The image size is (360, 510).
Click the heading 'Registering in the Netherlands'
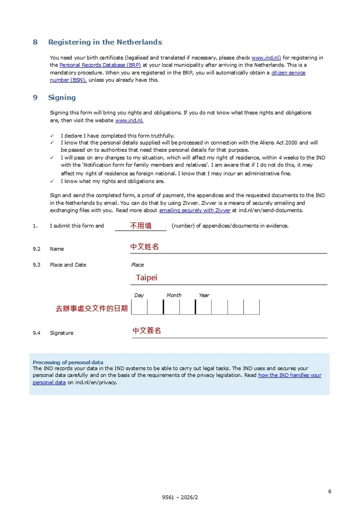coord(105,42)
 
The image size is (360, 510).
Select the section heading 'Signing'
coord(62,98)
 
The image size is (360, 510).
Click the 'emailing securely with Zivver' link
coord(195,211)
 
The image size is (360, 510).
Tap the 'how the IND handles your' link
coord(289,376)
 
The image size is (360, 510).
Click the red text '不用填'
coord(141,226)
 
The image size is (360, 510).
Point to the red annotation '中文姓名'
coord(144,247)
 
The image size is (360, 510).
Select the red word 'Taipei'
coord(146,278)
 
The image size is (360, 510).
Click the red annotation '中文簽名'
coord(147,331)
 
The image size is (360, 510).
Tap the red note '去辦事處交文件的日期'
coord(92,308)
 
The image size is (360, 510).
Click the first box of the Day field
coord(140,307)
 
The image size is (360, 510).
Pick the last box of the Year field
coord(252,307)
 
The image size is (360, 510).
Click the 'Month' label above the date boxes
coord(174,295)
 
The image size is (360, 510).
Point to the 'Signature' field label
coord(62,333)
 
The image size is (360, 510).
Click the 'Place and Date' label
coord(68,265)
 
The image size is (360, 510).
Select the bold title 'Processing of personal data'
coord(68,363)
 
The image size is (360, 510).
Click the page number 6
coord(330,492)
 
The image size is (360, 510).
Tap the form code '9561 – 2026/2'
coord(180,498)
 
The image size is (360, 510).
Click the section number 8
coord(35,42)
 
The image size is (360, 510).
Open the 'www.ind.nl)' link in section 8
coord(266,58)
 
